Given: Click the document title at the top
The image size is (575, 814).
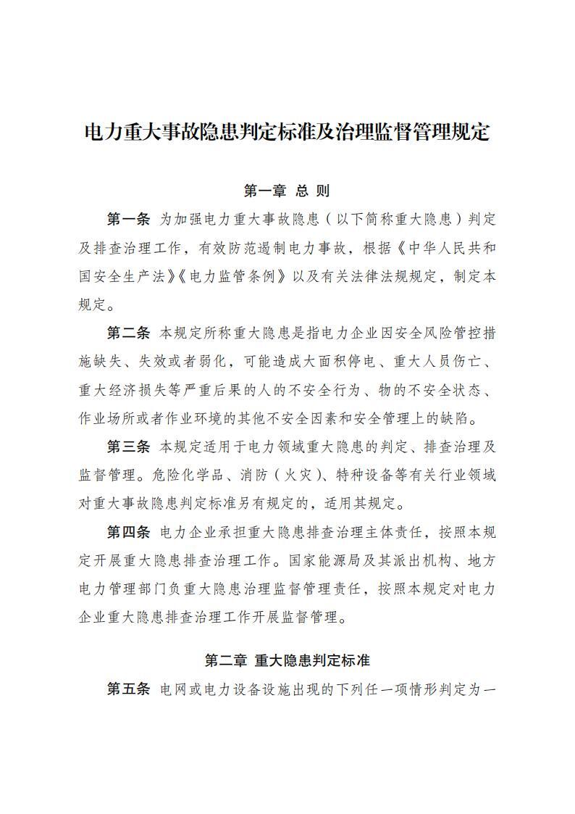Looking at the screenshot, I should coord(287,133).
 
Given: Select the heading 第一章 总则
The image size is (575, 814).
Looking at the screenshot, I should coord(287,191).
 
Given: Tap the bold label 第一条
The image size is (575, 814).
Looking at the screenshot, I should coord(128,218).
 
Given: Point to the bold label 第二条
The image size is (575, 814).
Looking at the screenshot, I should coord(128,333).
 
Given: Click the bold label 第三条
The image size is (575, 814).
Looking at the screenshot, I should coord(128,446).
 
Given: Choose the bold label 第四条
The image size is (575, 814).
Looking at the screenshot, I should coord(128,532).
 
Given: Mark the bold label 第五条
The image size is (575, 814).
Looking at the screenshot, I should coord(128,689).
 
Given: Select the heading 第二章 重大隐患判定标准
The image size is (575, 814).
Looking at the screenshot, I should coord(287,660).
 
